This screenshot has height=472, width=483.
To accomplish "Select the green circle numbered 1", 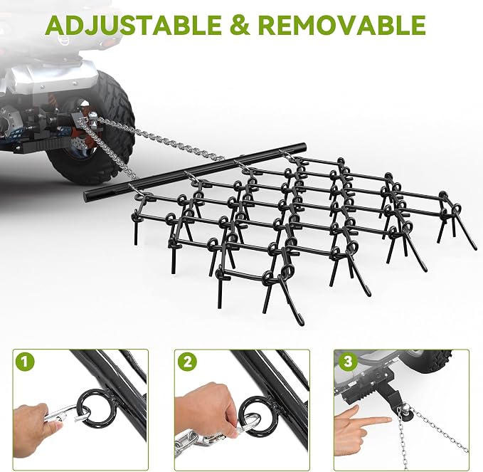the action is pos(26,362).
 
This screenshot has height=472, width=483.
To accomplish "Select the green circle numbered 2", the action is pos(187,362).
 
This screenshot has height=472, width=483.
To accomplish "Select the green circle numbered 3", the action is pos(348,362).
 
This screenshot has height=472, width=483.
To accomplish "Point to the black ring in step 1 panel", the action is pos(92,411).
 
